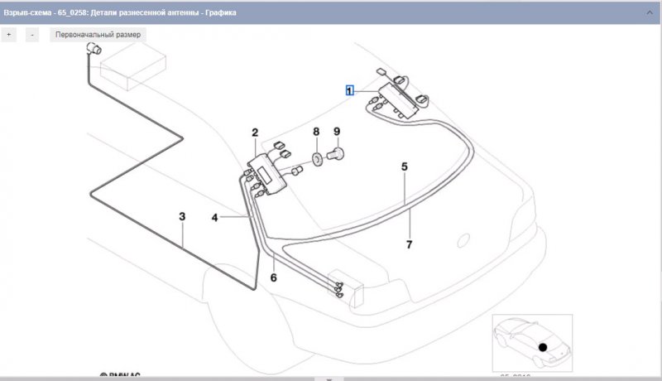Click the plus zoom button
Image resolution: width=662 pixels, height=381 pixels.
coord(9,35)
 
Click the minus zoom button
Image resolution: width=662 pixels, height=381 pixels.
coord(31,35)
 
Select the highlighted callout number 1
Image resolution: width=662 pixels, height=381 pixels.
coord(350,90)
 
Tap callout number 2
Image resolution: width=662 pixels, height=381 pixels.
coord(255,133)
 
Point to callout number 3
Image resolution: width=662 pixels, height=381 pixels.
coord(182,216)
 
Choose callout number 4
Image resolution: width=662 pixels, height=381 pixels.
coord(214,218)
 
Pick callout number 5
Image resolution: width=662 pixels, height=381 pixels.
coord(405,166)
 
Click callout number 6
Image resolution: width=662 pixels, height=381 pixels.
coord(273,277)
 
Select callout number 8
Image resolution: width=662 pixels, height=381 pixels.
coord(315,132)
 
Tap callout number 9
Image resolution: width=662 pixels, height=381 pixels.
coord(337,132)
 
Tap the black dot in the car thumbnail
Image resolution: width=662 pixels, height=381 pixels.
coord(543,347)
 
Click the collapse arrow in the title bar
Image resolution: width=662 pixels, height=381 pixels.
coord(650,13)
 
